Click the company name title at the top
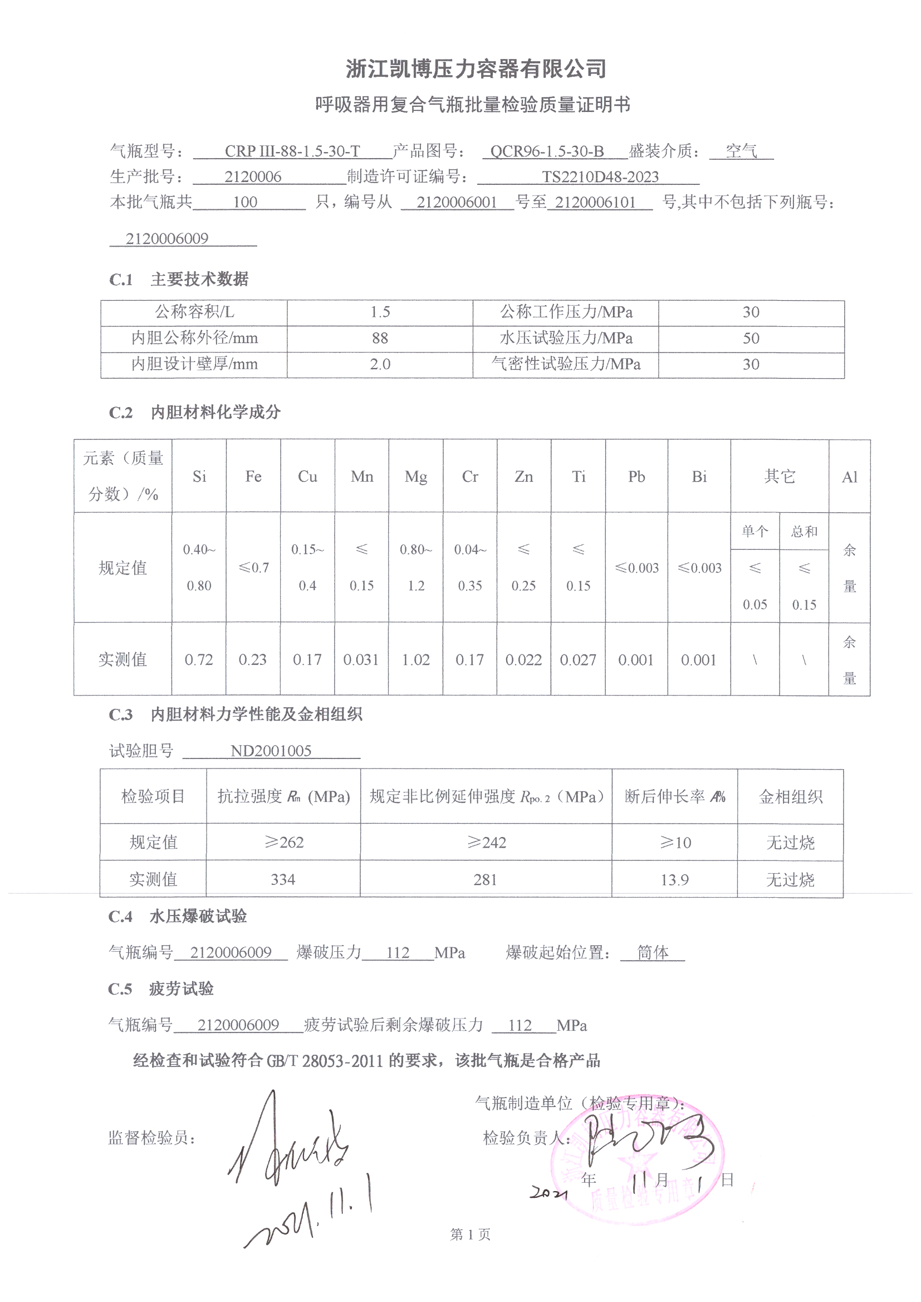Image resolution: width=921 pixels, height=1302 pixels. point(476,69)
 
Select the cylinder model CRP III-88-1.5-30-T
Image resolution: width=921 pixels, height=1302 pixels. point(292,151)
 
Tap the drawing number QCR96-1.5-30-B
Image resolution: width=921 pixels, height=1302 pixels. point(547,151)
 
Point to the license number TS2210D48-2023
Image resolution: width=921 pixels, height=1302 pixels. point(600,177)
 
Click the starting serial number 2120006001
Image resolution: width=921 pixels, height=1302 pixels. point(457,203)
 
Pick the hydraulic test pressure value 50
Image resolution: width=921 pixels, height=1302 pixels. point(751,339)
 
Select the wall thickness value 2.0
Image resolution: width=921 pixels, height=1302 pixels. point(380,364)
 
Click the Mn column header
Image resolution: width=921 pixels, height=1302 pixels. point(362,477)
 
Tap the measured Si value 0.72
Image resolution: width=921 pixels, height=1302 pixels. point(198,660)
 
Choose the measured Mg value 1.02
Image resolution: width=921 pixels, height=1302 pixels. point(416,660)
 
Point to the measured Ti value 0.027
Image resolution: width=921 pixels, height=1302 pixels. point(578,660)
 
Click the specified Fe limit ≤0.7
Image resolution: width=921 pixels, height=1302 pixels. point(253,567)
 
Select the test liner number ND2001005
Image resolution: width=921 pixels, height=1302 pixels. point(271,751)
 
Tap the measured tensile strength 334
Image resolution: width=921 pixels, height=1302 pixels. point(282,879)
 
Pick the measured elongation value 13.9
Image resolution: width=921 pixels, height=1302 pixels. point(674,879)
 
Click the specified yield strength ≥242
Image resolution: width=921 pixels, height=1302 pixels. point(486,843)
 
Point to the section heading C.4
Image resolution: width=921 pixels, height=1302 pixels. point(120,917)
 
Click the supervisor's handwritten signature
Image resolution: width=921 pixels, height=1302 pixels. point(289,1143)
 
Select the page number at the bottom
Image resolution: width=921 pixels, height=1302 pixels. point(470,1235)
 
